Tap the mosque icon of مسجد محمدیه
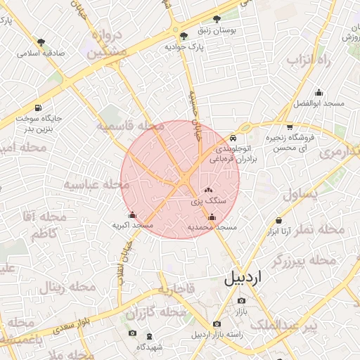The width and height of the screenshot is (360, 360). (x=212, y=217)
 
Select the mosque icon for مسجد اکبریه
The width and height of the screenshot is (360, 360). (x=132, y=215)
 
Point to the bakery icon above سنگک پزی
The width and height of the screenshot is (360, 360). (x=208, y=190)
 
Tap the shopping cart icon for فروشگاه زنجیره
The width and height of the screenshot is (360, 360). (x=290, y=127)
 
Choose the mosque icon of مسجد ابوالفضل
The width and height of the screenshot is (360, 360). (x=319, y=92)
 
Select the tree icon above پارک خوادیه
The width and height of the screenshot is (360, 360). (x=184, y=35)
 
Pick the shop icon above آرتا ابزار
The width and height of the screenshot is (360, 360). (x=279, y=220)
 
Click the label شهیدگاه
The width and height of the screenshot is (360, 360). (x=150, y=347)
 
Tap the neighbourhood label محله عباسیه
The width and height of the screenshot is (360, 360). (x=98, y=185)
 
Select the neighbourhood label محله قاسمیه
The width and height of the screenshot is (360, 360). (x=130, y=127)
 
